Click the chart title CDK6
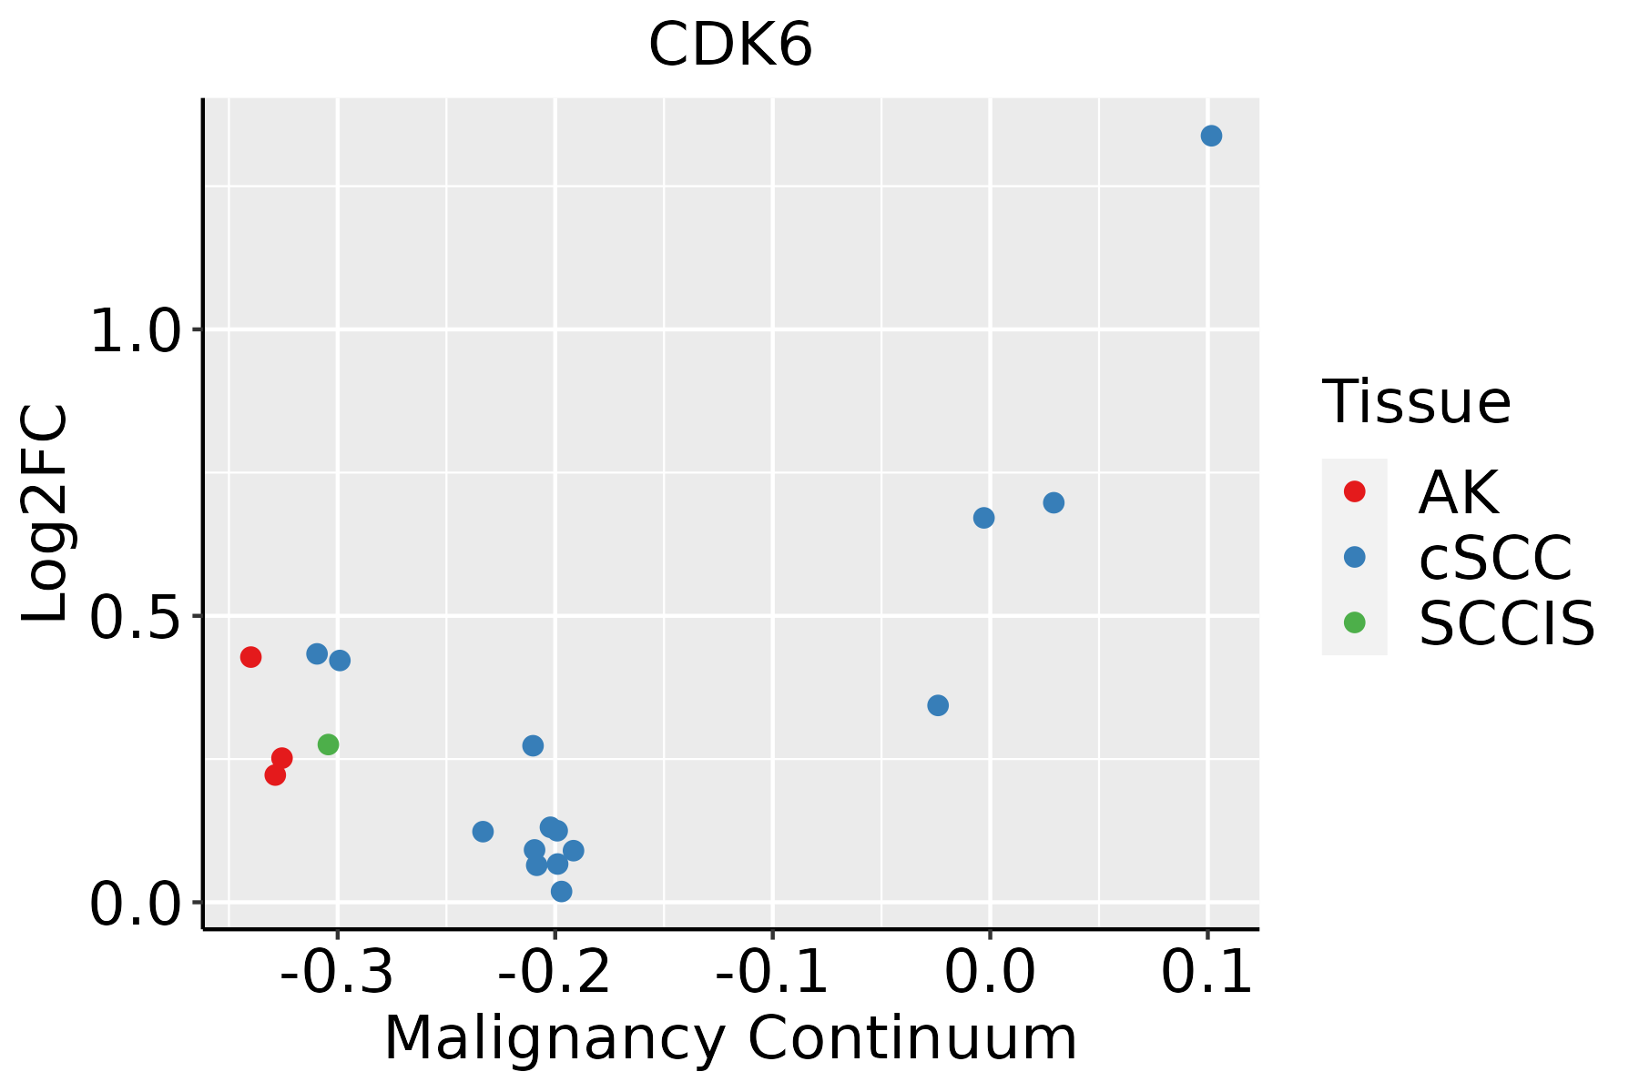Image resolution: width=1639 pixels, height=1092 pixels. tap(730, 45)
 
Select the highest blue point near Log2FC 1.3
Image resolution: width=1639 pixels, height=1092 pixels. tap(1211, 136)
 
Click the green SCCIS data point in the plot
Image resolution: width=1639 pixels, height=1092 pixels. tap(329, 744)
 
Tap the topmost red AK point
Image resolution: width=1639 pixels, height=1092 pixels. tap(251, 657)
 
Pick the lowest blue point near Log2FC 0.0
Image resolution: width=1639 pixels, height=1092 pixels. tap(562, 891)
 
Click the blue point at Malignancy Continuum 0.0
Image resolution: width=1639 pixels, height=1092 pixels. tap(983, 518)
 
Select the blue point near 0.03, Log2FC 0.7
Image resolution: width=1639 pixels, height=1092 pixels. tap(1054, 502)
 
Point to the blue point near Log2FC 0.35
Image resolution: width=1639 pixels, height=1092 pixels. tap(938, 705)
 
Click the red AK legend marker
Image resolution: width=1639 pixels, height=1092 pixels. tap(1354, 491)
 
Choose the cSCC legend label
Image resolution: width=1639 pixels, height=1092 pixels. tap(1495, 558)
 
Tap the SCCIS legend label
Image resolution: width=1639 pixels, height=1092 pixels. tap(1507, 623)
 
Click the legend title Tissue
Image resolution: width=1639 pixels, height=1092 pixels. tap(1416, 401)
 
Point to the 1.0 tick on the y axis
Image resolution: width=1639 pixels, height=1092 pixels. tap(137, 331)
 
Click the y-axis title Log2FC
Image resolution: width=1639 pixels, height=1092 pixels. tap(46, 513)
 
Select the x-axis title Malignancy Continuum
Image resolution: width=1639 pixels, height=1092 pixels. tap(730, 1039)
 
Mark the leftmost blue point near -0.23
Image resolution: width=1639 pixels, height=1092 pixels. tap(484, 831)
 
